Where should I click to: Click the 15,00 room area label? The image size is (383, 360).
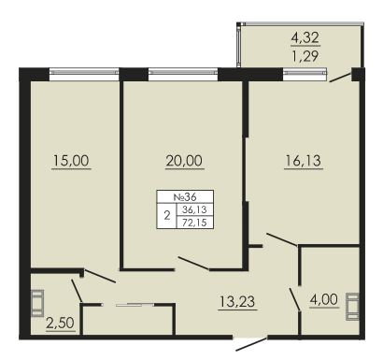[x=71, y=161]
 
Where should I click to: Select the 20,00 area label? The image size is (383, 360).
[x=184, y=161]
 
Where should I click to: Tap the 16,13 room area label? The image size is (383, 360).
[x=304, y=161]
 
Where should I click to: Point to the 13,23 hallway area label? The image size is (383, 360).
[x=237, y=302]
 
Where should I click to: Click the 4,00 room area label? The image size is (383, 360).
[x=324, y=299]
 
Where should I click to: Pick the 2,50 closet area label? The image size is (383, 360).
[x=61, y=324]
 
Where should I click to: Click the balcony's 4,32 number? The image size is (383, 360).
[x=305, y=37]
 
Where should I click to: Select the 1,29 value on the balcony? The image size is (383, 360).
[x=305, y=56]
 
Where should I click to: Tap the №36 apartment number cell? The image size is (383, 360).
[x=185, y=196]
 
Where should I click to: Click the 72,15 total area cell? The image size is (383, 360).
[x=195, y=223]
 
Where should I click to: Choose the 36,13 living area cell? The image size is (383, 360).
[x=195, y=209]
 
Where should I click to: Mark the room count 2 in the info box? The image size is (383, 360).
[x=167, y=216]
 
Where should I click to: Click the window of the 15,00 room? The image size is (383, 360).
[x=84, y=72]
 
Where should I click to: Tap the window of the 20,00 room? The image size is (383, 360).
[x=183, y=72]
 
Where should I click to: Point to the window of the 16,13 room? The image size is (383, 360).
[x=305, y=72]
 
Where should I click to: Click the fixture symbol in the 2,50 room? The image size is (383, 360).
[x=37, y=303]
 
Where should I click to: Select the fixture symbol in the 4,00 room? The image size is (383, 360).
[x=352, y=307]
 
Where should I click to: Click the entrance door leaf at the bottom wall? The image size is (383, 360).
[x=251, y=344]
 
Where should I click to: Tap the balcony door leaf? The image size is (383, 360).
[x=341, y=78]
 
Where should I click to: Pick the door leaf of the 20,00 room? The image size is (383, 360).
[x=193, y=263]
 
